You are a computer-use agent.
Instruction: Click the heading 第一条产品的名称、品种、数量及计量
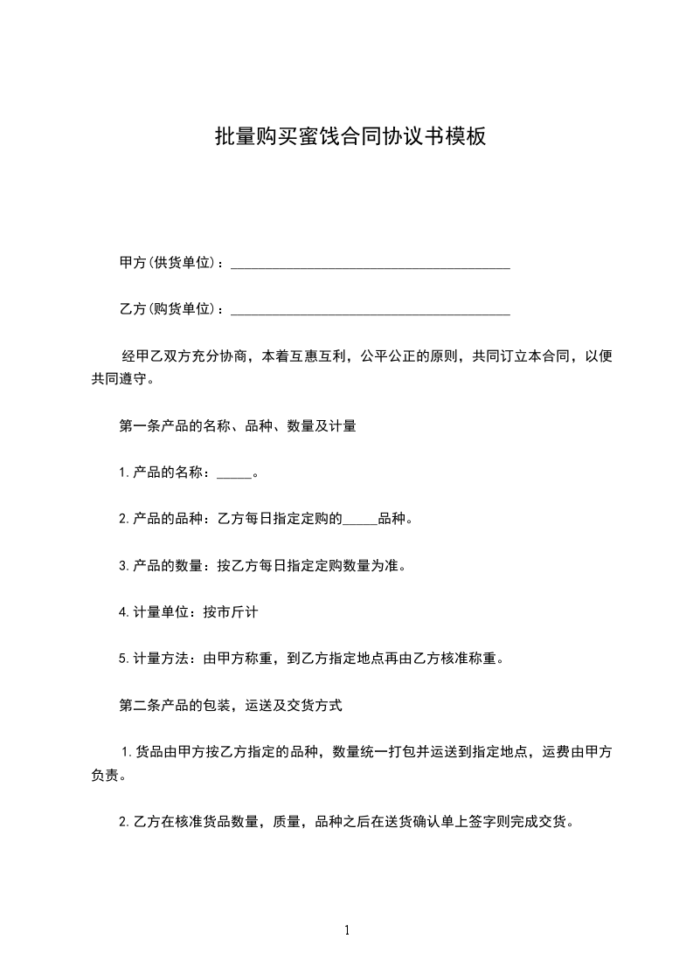pos(237,427)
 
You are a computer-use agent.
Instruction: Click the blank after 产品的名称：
pos(233,474)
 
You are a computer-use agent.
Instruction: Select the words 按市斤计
pos(230,612)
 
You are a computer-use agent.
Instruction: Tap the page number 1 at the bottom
pos(347,931)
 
